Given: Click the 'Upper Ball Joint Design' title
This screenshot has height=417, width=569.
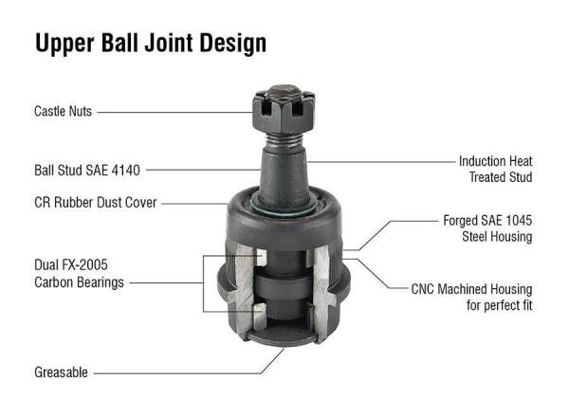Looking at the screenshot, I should pos(150,44).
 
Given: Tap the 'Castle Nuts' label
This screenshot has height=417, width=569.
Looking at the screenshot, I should pos(63,112).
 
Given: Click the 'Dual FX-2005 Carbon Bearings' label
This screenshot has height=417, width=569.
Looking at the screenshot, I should pos(80,274).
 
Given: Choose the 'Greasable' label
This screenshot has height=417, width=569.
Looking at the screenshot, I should pos(61,372).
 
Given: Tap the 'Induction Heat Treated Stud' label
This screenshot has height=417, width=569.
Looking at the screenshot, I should pos(495,169).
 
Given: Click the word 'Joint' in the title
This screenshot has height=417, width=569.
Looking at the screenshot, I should pos(195,44).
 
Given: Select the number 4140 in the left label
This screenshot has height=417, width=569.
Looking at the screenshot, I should pos(123,172).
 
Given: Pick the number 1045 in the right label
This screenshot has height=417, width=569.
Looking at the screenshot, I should pos(515,220).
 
